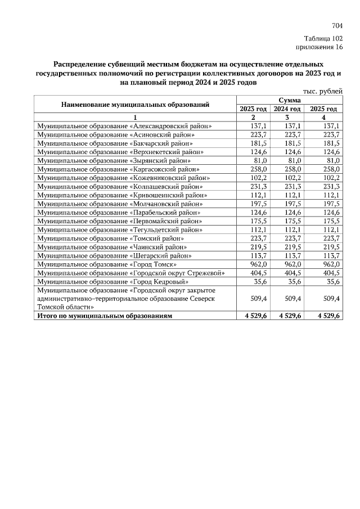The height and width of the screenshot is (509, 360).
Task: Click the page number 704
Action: tap(337, 25)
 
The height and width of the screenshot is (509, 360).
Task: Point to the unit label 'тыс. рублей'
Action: tap(323, 91)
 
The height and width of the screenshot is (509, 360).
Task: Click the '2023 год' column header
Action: tap(253, 109)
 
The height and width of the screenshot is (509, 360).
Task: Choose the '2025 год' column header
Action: tap(323, 109)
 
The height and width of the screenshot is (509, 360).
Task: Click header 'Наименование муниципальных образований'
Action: tap(135, 105)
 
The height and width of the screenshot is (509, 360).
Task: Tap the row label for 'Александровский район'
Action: tap(124, 127)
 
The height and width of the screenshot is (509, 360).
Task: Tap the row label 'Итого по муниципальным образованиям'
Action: tap(104, 316)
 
